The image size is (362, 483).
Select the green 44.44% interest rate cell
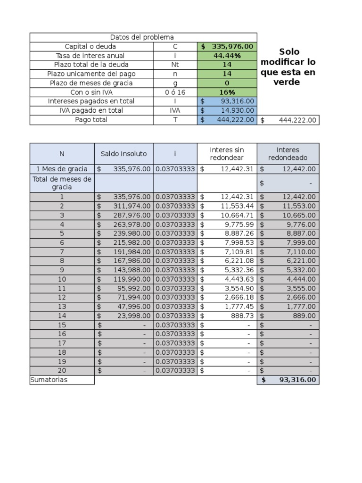click(x=227, y=56)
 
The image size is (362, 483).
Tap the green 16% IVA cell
click(x=227, y=92)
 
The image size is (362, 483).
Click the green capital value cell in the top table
click(x=227, y=47)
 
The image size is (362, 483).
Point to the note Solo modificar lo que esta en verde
click(x=288, y=67)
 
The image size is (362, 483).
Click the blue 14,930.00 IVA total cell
click(x=227, y=110)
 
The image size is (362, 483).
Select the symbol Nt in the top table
click(x=175, y=65)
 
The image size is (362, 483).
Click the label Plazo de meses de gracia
click(x=91, y=83)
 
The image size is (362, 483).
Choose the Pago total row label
click(x=91, y=120)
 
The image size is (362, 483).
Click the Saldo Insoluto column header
click(x=123, y=154)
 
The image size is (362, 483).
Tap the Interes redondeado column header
click(x=288, y=154)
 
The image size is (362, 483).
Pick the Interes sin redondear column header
click(x=227, y=154)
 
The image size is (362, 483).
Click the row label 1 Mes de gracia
click(x=62, y=169)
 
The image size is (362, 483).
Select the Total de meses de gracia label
click(x=62, y=183)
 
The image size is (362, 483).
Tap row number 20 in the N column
click(x=62, y=371)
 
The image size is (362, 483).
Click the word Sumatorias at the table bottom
click(x=49, y=380)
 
